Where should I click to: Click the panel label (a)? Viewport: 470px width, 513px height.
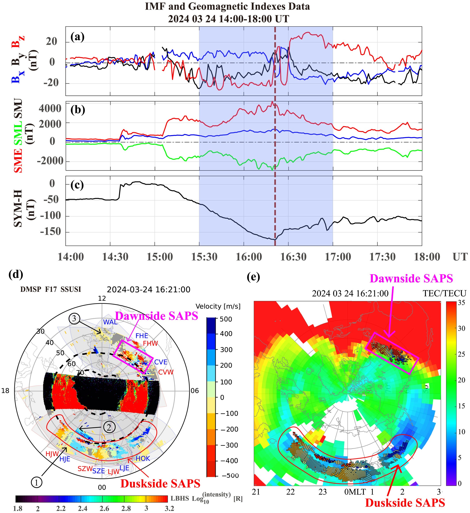[x=77, y=37]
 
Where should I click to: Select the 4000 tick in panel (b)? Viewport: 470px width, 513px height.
[x=50, y=109]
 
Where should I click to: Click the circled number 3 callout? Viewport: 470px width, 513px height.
[x=74, y=319]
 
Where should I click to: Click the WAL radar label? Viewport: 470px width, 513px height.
[x=110, y=322]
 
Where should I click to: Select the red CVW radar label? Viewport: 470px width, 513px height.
[x=166, y=372]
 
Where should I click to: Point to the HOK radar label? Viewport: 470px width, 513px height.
[x=143, y=459]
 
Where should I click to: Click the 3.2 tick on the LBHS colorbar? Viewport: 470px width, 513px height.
[x=169, y=508]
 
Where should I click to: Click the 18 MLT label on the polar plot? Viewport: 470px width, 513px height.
[x=5, y=391]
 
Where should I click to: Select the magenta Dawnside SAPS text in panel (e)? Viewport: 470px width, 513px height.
[x=411, y=279]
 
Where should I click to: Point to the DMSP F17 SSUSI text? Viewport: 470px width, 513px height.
[x=51, y=290]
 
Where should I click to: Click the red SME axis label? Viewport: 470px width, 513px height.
[x=18, y=160]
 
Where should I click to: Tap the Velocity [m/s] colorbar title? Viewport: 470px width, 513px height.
[x=218, y=306]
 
